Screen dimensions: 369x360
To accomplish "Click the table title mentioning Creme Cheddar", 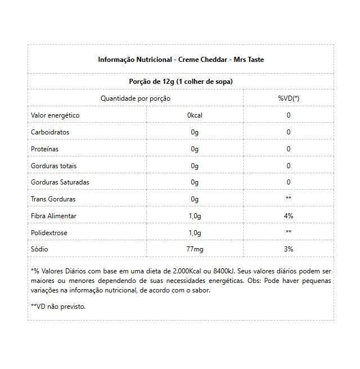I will tap(181, 59).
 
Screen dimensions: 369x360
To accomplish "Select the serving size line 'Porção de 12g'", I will tap(181, 82).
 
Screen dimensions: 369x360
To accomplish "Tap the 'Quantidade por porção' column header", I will tap(136, 98).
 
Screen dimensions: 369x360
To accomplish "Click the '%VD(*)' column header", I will tap(288, 98).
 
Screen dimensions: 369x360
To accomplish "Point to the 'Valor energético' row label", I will tap(55, 115).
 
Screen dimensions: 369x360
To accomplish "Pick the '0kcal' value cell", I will tap(195, 115).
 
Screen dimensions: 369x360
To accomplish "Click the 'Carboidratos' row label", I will tap(51, 132).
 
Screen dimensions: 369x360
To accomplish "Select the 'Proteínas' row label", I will tap(44, 149).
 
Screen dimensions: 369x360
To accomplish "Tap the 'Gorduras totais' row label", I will tap(53, 166).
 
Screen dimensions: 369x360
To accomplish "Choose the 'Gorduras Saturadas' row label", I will tap(60, 182).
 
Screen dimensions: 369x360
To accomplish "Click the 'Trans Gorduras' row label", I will tap(53, 199).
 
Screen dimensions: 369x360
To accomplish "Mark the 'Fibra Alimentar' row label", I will tap(53, 216).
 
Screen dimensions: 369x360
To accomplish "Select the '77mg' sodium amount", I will tap(195, 249).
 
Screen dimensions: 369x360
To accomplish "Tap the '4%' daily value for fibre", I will tap(288, 216).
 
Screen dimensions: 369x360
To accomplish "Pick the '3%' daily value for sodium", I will tap(288, 249).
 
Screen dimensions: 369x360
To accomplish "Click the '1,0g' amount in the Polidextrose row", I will tap(195, 233).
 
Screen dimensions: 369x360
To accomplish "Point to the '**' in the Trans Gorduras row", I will tap(288, 199).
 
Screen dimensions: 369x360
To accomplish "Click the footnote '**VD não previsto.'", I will tap(58, 307).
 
